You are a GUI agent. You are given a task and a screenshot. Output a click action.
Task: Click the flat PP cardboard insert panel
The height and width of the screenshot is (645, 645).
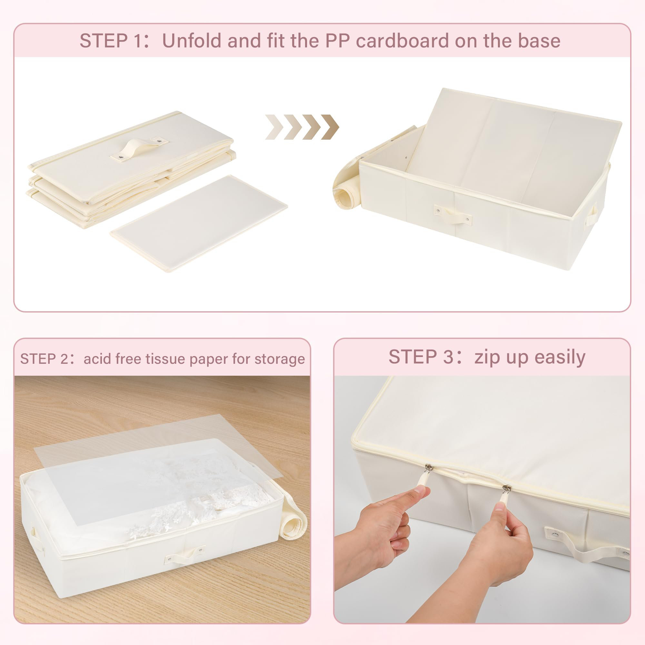coord(199,223)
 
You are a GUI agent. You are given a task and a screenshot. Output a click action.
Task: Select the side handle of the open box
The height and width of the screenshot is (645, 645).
coord(591,215)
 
